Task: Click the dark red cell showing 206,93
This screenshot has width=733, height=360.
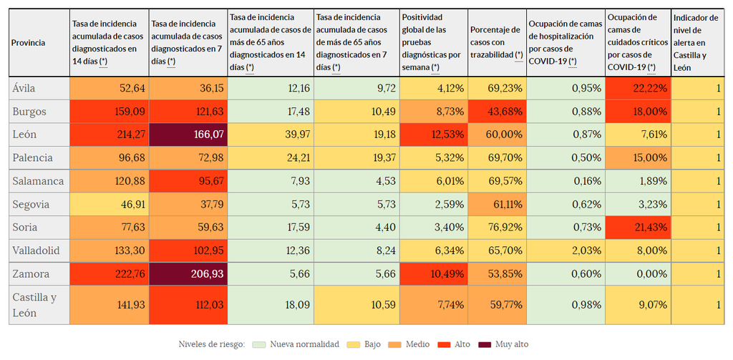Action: pos(188,273)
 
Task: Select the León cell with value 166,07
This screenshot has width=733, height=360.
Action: pos(188,135)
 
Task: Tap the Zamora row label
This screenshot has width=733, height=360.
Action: pos(31,273)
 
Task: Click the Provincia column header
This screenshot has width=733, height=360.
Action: pos(29,43)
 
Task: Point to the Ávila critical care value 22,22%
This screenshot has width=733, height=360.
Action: pos(638,88)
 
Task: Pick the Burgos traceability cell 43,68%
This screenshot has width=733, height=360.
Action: pos(497,112)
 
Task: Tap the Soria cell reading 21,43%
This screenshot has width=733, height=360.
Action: pos(638,228)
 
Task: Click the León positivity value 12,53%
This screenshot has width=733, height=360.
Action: pos(434,135)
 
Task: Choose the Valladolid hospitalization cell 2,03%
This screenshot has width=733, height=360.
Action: pos(565,250)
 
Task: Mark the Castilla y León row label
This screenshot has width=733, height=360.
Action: pos(34,306)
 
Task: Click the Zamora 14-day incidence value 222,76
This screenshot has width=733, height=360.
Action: pos(110,273)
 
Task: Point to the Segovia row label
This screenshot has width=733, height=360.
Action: pos(31,204)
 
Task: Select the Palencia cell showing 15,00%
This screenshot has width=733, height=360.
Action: pos(638,157)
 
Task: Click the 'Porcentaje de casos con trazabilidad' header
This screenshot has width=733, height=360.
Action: pos(497,43)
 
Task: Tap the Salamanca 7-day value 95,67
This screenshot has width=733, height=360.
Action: pos(188,181)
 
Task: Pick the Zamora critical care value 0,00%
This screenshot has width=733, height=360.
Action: pos(638,273)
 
